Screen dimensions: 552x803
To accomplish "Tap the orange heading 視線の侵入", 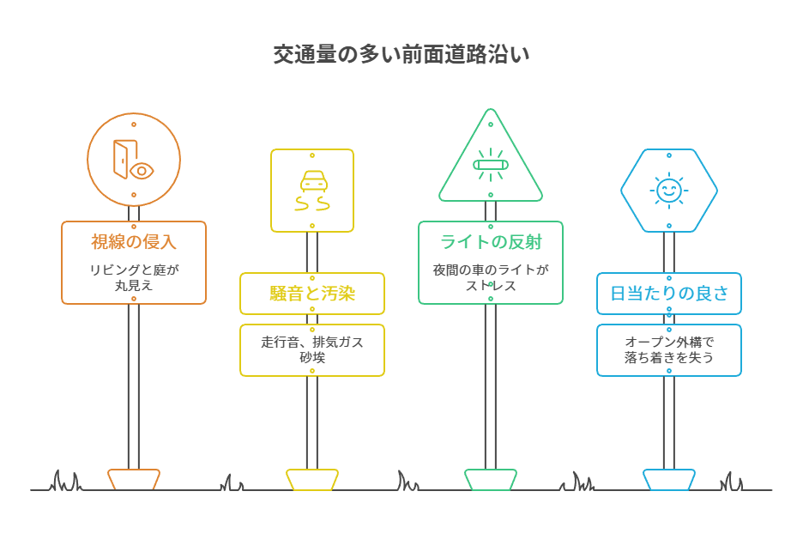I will (134, 241).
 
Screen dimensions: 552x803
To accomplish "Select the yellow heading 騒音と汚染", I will (312, 294).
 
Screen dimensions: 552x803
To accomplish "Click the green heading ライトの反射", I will (491, 241).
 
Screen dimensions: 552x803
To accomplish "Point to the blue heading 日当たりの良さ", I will (669, 294).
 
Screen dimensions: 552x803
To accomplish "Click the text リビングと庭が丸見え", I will (134, 277).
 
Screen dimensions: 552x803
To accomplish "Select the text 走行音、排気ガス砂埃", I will (312, 349).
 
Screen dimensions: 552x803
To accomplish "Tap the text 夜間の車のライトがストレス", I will (491, 277).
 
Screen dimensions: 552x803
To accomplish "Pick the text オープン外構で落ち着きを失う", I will (669, 349).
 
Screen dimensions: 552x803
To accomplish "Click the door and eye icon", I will (134, 161).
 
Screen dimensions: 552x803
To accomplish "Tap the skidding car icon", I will (312, 191).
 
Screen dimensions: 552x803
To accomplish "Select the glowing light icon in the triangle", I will (491, 164).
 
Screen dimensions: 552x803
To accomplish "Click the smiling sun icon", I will (669, 191).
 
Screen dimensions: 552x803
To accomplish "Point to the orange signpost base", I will (134, 479).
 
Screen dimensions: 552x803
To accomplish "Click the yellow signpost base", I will (312, 479).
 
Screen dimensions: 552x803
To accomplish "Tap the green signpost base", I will (491, 479).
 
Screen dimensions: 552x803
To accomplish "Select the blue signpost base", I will (669, 479).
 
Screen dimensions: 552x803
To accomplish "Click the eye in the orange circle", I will (142, 170).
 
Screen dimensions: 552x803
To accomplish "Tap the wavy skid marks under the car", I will (312, 203).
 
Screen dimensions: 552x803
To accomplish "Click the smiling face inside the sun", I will (669, 191).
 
